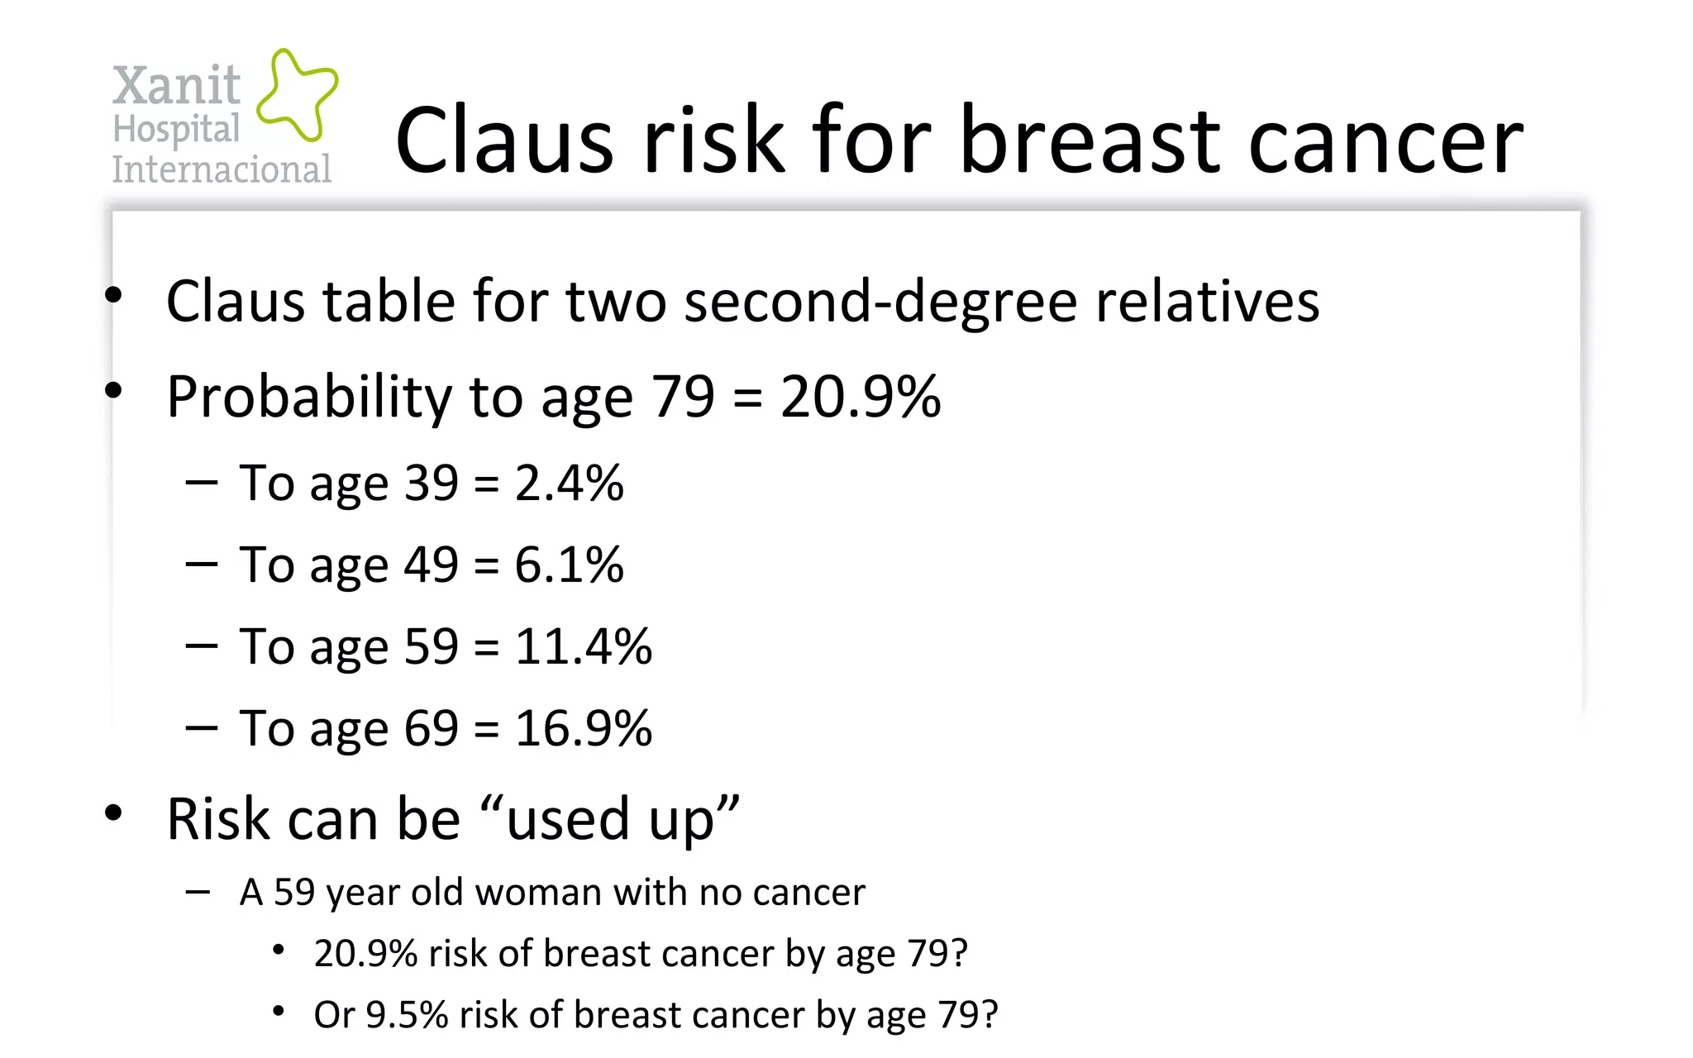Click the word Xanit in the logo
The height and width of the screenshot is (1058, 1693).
(176, 85)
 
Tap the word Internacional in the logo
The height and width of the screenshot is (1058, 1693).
(222, 169)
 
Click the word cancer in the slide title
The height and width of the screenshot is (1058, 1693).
(1385, 142)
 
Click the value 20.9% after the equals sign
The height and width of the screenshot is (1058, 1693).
(860, 397)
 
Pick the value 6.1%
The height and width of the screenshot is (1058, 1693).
(569, 565)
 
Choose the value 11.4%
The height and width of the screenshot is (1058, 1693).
(583, 646)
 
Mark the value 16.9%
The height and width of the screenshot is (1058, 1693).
(583, 728)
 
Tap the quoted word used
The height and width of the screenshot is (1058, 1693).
(568, 820)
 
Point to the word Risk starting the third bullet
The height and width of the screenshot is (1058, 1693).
(218, 820)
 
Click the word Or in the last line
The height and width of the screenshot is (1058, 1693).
(334, 1015)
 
